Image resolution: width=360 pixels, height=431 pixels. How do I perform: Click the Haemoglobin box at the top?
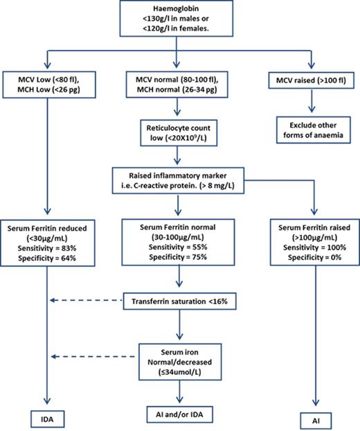point(180,19)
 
